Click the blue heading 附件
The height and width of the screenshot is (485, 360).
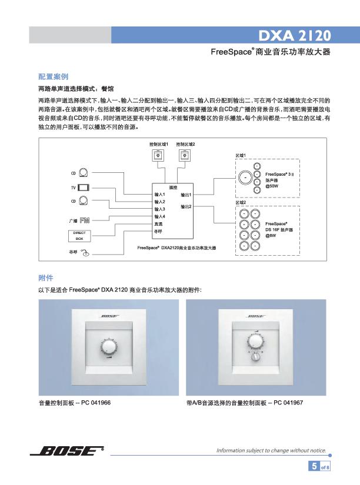[45, 277]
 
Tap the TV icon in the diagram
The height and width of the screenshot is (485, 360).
[83, 187]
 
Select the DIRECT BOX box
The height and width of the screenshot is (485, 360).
[79, 236]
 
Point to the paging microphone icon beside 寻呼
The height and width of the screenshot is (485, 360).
[85, 253]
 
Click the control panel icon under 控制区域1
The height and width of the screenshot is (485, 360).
[158, 155]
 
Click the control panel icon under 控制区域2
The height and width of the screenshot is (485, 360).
[185, 155]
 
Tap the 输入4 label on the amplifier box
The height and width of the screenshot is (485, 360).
[159, 216]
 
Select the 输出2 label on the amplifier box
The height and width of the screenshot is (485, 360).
[186, 206]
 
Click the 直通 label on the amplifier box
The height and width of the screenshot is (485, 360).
[158, 224]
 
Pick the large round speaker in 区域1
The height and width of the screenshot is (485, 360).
[244, 175]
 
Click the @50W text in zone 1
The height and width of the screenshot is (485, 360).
[272, 185]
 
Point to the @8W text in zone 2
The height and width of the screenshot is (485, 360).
[271, 236]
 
